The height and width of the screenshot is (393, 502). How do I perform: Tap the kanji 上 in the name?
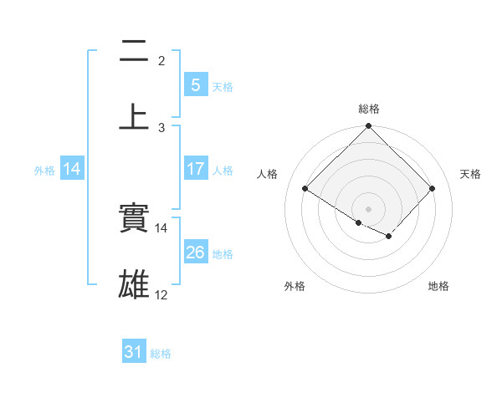(134, 115)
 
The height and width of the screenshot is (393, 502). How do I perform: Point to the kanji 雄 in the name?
(134, 284)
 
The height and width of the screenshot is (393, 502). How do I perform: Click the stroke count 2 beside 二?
(161, 61)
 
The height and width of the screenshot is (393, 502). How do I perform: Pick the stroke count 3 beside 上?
(161, 127)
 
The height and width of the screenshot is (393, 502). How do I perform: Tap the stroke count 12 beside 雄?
(161, 295)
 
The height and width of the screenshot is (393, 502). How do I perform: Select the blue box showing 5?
(195, 85)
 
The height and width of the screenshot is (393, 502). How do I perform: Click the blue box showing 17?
(195, 169)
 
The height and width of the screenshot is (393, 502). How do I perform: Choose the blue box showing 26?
(195, 253)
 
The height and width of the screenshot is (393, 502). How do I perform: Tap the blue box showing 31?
(134, 353)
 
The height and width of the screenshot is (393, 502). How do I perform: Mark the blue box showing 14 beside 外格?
(72, 169)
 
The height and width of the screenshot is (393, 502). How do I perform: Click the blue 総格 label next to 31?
(161, 354)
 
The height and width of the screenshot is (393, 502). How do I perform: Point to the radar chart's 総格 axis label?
(369, 109)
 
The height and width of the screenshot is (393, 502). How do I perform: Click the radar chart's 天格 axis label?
(470, 174)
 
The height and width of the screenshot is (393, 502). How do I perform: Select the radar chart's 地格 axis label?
(438, 286)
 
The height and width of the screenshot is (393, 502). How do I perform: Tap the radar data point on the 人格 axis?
(305, 189)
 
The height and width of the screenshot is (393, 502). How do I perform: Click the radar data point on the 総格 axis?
(369, 126)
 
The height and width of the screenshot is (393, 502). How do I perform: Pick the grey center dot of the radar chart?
(369, 208)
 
